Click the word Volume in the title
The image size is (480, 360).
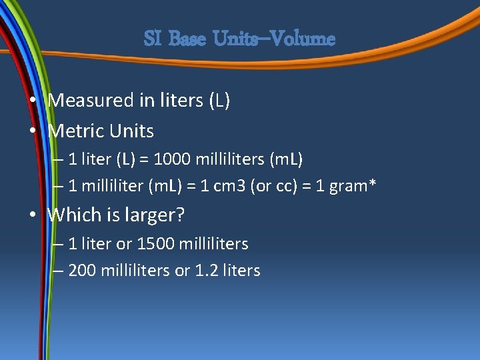tap(303, 39)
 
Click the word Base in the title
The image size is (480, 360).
tap(189, 39)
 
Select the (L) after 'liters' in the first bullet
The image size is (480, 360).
tap(219, 101)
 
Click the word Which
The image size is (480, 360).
tap(75, 215)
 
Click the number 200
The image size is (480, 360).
tap(82, 271)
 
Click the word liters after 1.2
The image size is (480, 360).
tap(240, 271)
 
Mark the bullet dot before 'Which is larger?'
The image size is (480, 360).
tap(33, 215)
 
